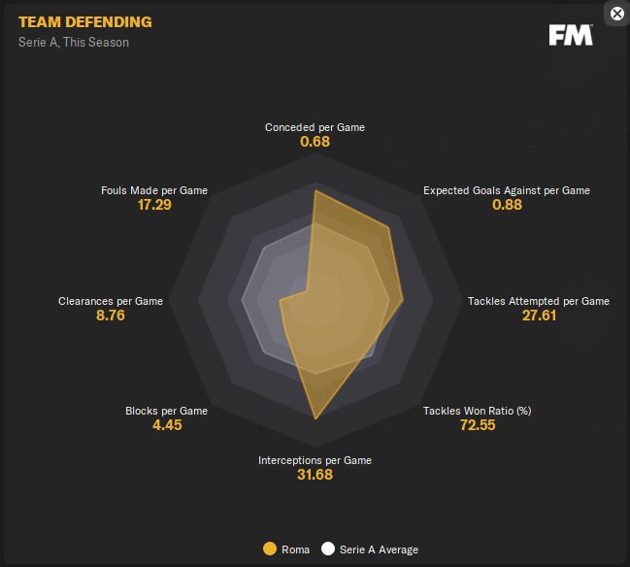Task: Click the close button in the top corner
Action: (616, 14)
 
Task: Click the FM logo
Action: (571, 35)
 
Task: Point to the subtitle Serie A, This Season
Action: (74, 43)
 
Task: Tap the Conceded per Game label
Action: (315, 127)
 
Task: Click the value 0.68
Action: (315, 142)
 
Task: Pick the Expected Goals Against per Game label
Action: (506, 190)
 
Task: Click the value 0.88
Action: (507, 205)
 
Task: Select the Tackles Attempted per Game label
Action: (539, 301)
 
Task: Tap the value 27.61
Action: (539, 317)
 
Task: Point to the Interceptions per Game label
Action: (315, 460)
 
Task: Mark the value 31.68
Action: (315, 475)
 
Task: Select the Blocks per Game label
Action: (167, 411)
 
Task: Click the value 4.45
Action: (167, 425)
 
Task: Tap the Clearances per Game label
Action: (111, 301)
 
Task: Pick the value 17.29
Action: (155, 205)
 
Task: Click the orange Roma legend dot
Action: (270, 550)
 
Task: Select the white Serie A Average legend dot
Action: (328, 550)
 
